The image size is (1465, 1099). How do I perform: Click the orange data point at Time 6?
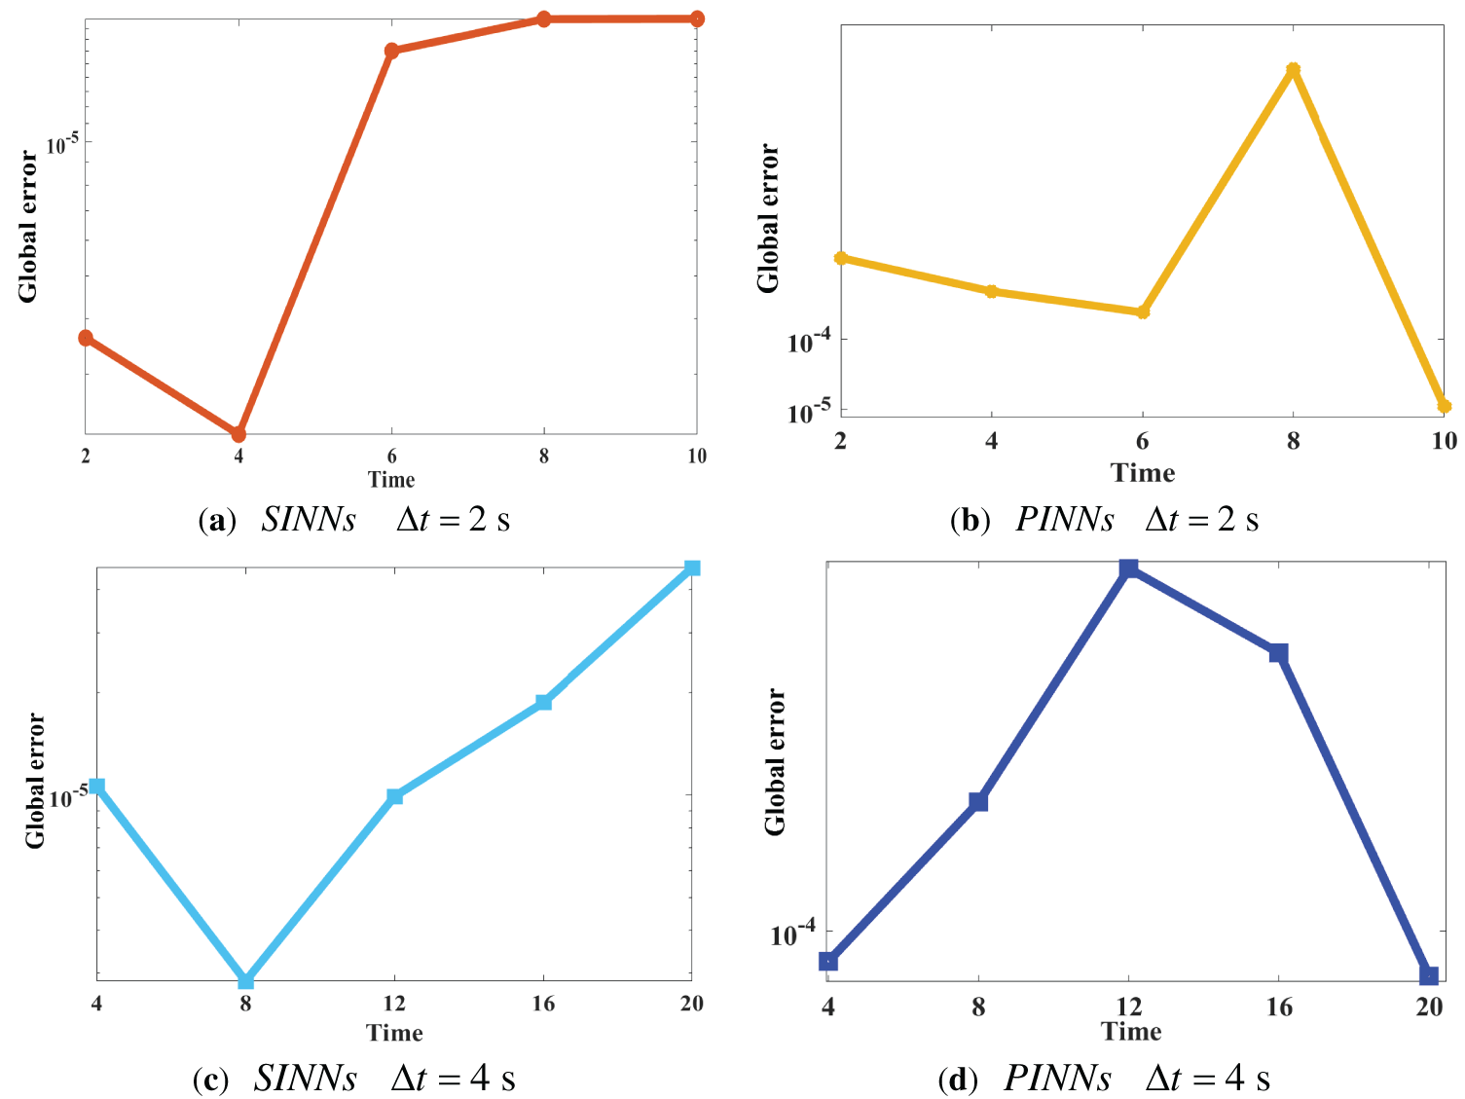(x=391, y=51)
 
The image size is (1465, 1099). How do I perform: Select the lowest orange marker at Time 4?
(x=238, y=434)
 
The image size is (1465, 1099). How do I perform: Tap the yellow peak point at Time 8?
(x=1293, y=70)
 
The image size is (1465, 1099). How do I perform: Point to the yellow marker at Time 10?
(x=1444, y=406)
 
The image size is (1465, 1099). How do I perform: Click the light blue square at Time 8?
(x=245, y=980)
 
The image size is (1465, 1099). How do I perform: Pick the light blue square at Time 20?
(x=692, y=568)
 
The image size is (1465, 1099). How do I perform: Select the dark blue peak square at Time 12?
(x=1128, y=568)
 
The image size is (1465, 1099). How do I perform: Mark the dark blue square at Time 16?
(x=1278, y=652)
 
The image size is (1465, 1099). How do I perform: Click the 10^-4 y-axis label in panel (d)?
(x=793, y=934)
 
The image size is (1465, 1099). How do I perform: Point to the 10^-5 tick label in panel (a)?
(x=63, y=144)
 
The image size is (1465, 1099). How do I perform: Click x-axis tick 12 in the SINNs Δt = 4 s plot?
(x=394, y=1004)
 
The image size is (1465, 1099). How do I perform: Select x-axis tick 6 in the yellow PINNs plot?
(x=1142, y=441)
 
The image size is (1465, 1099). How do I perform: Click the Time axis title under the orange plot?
(x=391, y=479)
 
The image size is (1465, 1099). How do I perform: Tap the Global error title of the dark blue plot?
(x=775, y=762)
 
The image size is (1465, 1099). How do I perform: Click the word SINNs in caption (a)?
(x=309, y=520)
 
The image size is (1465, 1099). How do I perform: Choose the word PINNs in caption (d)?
(x=1057, y=1079)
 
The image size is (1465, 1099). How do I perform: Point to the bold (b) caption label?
(x=970, y=521)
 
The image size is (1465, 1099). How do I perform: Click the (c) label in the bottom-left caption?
(x=211, y=1080)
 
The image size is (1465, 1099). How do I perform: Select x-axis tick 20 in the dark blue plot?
(x=1428, y=1007)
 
